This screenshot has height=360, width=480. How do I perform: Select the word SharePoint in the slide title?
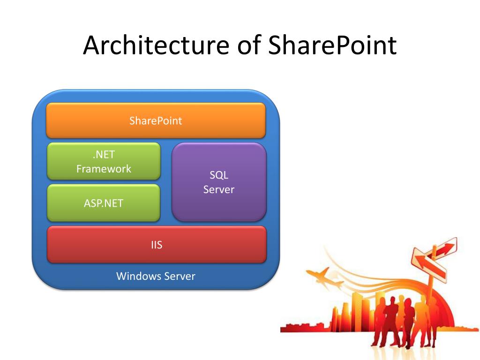pos(332,45)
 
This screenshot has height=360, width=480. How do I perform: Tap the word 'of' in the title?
pos(248,45)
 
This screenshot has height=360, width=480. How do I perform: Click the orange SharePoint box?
pos(156,120)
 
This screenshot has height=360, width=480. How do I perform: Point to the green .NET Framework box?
pos(104,161)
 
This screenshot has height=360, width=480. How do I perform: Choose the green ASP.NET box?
pos(104,203)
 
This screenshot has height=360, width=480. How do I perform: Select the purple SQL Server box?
pos(219,182)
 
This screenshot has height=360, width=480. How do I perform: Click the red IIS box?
pos(157,244)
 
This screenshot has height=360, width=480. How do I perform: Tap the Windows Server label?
pos(156,276)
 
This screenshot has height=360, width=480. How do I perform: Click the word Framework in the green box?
pos(104,169)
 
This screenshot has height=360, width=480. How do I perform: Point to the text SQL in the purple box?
pos(219,175)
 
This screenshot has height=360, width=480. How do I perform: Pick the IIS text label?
pos(157,244)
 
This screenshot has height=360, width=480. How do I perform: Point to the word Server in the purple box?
pos(219,189)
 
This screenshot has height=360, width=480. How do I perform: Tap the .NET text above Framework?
pos(104,155)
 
